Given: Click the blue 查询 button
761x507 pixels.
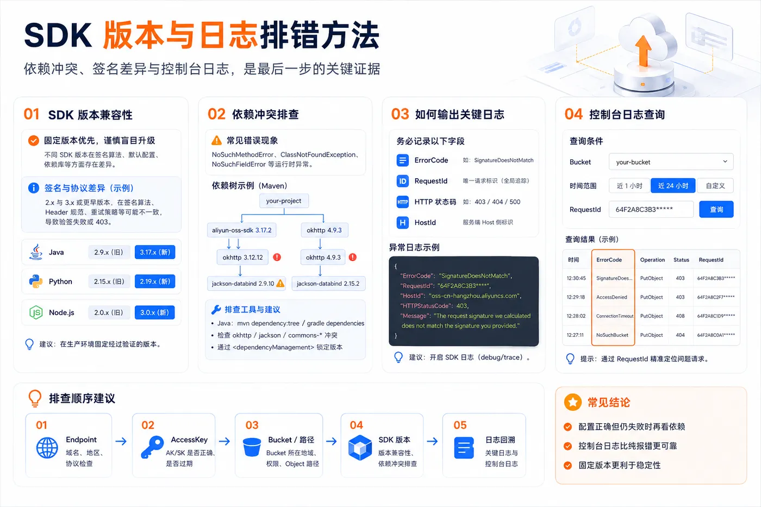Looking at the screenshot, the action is point(716,209).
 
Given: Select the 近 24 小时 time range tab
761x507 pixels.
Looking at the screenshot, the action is point(673,186).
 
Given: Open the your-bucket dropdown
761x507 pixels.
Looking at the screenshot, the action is point(671,161).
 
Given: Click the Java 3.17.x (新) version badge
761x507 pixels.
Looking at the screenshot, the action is point(155,252).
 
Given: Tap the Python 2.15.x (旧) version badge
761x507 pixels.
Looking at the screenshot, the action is point(109,281).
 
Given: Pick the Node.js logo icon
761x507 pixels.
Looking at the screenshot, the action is point(36,312).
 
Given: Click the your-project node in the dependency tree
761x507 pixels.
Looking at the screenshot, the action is point(284,201).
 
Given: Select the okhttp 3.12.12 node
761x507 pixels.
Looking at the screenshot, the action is point(242,258).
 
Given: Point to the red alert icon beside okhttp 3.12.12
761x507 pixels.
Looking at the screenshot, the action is point(277,257).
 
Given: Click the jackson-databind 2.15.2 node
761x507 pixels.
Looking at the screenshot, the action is point(328,284).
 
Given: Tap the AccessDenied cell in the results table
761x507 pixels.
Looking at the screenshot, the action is point(612,297).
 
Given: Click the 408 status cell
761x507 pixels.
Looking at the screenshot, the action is point(680,316).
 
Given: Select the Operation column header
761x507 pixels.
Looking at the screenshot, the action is point(652,260).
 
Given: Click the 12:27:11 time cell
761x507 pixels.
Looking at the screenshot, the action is point(575,335).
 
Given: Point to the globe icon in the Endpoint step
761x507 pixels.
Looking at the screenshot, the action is point(47,448).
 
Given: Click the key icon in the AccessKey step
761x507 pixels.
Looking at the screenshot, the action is point(152,447).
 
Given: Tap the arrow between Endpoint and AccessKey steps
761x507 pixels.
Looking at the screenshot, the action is point(121,441).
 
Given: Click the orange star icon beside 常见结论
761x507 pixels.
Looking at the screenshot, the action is point(573,402).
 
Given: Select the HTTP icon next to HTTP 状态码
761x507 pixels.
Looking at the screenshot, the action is point(403,202).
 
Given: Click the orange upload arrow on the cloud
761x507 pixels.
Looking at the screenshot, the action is point(643,51).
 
